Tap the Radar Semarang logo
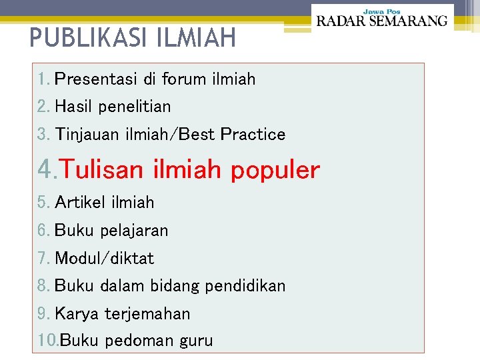point(381,21)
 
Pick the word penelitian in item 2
point(136,107)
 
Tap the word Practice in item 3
point(253,135)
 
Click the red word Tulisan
point(101,170)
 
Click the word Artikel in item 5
point(76,203)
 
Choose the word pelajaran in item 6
point(133,231)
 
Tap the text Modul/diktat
point(104,258)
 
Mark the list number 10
point(47,341)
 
